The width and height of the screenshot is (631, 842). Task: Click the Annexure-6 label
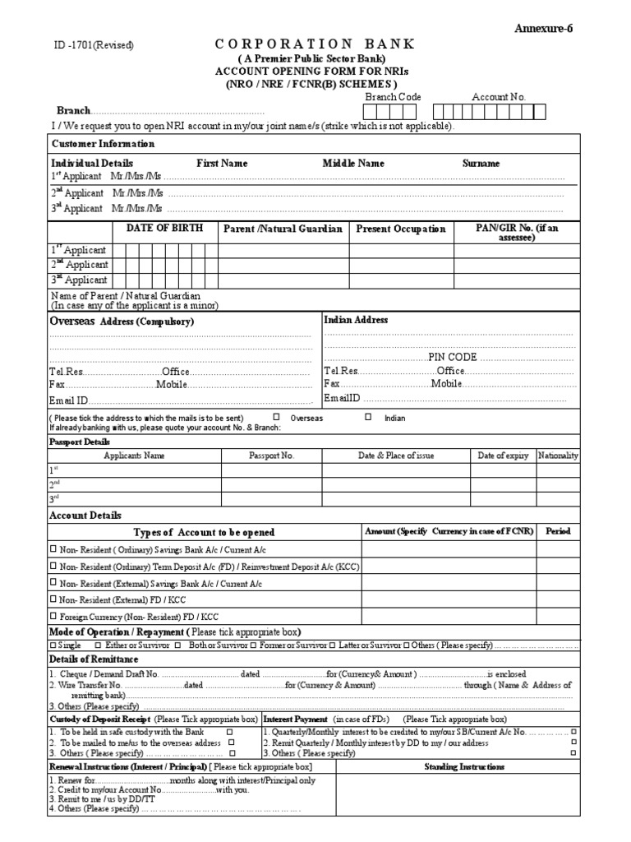pos(543,29)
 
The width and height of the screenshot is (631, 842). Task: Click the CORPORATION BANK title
pos(315,44)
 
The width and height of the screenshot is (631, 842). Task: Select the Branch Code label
pos(393,96)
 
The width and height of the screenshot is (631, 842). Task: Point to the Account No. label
pos(498,96)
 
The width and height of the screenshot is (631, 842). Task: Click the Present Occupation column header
pos(400,229)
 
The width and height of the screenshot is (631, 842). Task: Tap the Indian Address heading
pos(356,320)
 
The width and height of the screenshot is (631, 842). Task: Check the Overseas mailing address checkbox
pos(276,418)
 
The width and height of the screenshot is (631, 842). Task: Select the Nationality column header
pos(558,456)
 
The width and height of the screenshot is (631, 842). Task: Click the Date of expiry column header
pos(503,456)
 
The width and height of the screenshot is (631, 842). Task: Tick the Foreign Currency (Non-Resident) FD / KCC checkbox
pos(53,616)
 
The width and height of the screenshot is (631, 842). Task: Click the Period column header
pos(558,531)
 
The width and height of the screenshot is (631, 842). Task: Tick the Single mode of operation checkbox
pos(53,645)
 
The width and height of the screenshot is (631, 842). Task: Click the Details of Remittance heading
pos(94,659)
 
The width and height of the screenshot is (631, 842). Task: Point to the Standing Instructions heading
pos(464,766)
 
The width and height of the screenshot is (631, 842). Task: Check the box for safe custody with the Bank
pos(229,731)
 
